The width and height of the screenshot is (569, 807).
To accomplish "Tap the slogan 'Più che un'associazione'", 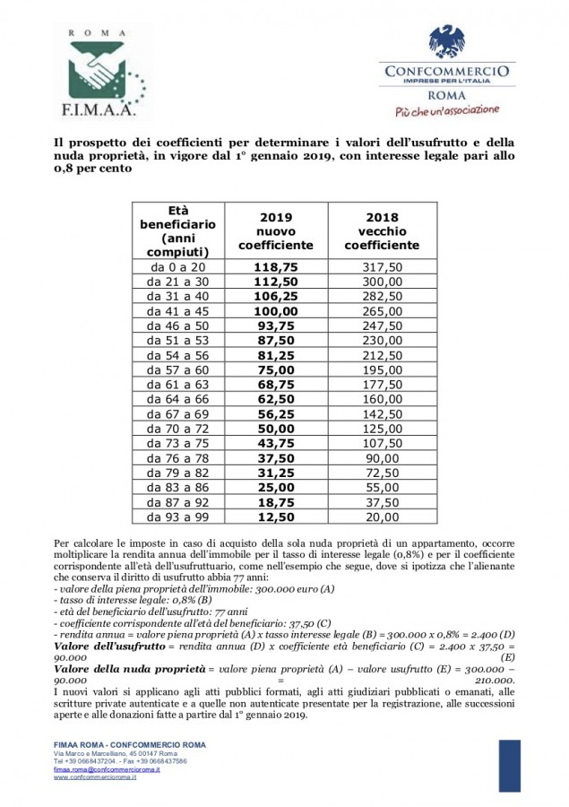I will tap(446, 111).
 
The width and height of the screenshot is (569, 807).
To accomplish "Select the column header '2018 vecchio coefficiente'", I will tap(383, 231).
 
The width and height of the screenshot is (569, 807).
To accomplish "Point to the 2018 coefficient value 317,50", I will tap(383, 267).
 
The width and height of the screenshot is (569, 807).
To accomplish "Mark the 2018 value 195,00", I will tap(383, 370).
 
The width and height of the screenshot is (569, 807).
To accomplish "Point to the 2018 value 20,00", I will tap(383, 516).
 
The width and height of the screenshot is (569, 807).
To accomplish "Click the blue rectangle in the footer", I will tap(509, 764).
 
